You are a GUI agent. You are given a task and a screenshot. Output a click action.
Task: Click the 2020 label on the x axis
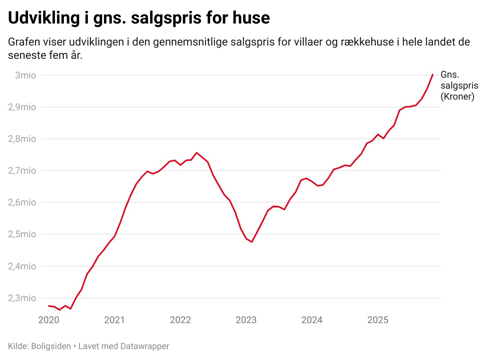49,320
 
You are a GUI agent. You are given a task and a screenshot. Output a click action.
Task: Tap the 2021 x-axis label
114,320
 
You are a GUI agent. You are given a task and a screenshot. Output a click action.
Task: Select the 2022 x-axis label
180,320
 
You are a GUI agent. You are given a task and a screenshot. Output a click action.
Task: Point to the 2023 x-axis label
246,320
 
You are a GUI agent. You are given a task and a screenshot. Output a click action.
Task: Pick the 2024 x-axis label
312,320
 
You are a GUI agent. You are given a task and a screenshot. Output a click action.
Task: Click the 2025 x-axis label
378,320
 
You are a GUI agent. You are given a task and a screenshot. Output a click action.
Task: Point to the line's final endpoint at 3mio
432,75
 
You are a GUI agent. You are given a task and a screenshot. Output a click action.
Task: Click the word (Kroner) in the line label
457,97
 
